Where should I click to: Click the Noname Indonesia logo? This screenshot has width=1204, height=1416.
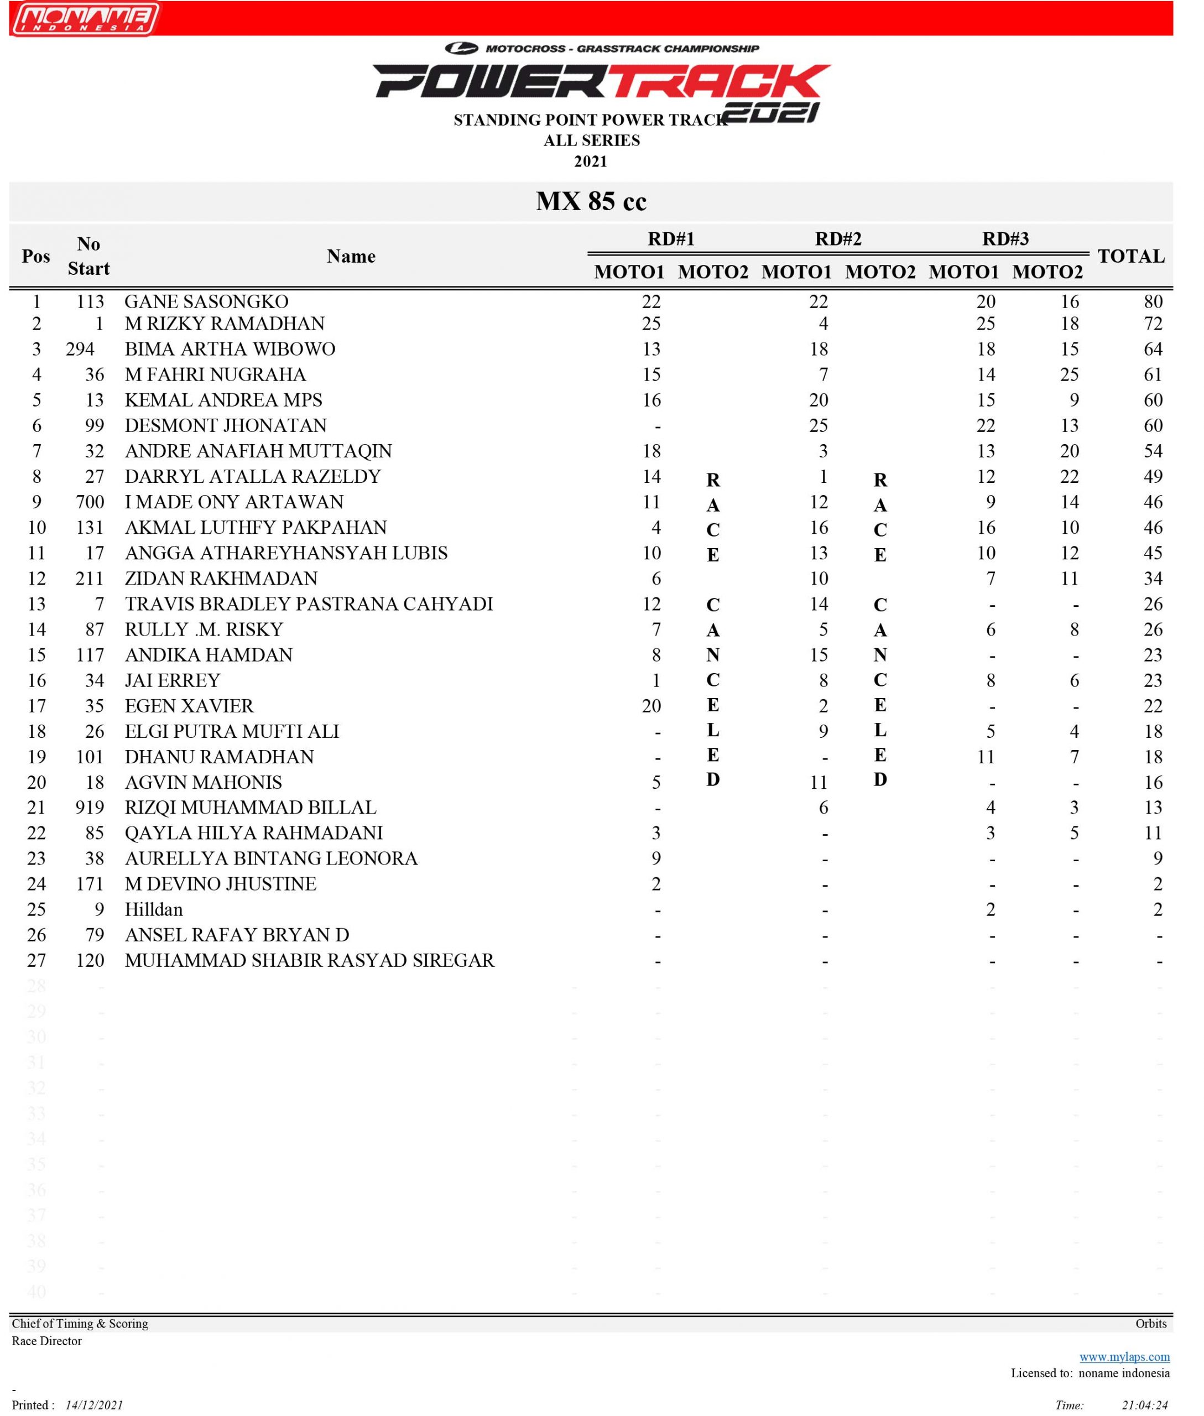85,18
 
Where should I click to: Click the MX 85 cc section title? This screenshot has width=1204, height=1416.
591,201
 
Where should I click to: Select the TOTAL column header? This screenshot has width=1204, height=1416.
1131,256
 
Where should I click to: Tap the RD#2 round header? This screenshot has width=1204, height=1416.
838,239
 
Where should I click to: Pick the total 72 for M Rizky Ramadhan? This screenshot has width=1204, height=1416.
1152,324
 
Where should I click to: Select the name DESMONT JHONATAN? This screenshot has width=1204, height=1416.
225,425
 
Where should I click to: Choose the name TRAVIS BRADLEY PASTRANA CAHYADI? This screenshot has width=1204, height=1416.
309,603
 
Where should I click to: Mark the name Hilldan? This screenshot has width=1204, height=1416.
154,909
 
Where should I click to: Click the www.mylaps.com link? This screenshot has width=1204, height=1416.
1124,1357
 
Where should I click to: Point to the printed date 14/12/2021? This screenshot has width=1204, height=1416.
94,1405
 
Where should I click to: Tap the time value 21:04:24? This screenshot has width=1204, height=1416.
1145,1405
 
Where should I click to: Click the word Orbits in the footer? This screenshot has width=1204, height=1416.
1151,1323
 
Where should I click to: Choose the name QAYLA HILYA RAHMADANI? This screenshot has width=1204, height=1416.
253,833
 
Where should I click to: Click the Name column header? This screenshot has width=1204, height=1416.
351,256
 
